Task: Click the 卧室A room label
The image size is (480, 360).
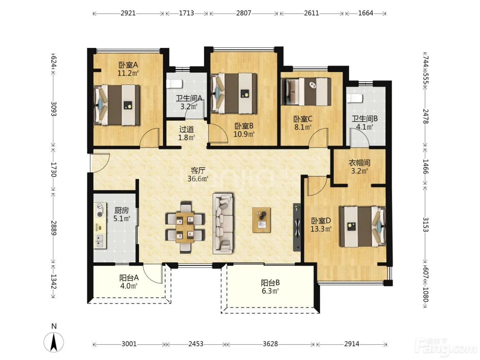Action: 128,65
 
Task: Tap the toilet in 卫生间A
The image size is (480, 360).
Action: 174,84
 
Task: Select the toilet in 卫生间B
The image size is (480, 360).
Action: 355,98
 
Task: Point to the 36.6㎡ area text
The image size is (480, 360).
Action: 198,179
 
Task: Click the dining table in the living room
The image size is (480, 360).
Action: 185,227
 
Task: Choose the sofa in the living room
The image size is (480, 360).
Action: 223,224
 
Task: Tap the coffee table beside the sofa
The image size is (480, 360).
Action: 261,220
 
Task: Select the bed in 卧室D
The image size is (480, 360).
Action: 362,227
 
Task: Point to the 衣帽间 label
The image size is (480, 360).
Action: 359,163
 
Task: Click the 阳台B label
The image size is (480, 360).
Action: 270,283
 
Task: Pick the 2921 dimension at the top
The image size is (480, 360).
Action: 128,13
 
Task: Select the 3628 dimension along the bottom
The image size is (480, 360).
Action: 270,344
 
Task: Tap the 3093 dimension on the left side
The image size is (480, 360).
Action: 53,109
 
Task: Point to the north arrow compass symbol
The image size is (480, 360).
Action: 53,342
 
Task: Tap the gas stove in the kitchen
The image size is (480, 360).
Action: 100,210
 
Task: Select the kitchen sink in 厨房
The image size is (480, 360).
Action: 100,241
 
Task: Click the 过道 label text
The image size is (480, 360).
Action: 186,129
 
